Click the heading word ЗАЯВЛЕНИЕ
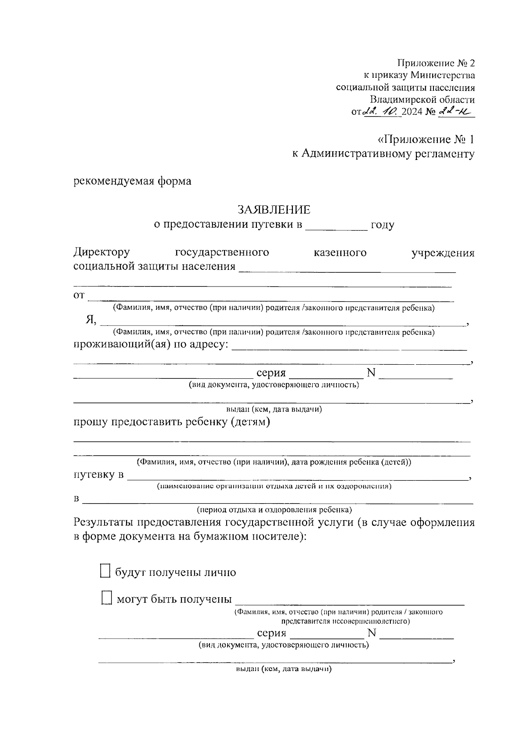point(274,209)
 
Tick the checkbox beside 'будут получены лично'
point(105,571)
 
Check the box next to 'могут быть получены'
point(106,598)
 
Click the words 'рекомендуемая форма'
point(132,181)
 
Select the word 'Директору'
point(101,253)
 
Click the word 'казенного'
point(340,253)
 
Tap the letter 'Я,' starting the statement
point(91,320)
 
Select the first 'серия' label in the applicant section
point(271,373)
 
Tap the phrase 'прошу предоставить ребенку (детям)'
point(172,422)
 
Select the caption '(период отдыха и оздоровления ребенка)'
point(274,510)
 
